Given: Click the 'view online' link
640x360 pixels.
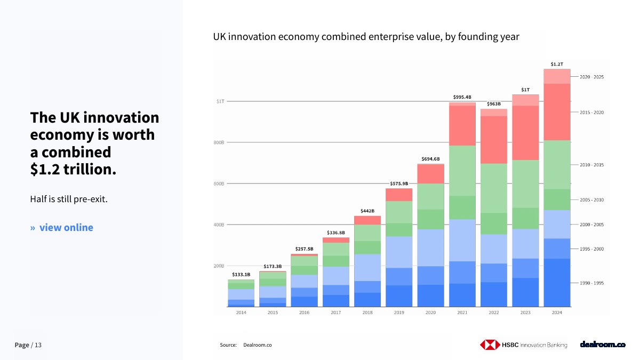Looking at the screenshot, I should (66, 228).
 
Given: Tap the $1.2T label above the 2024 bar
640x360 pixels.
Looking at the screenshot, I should (557, 64).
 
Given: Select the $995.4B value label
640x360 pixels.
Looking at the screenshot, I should (462, 97).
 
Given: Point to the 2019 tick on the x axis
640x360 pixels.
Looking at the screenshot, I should (399, 313).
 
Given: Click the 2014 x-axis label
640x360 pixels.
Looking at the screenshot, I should (241, 313).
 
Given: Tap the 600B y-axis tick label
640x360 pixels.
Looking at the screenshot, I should (219, 184).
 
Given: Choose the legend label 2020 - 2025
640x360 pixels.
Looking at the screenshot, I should (591, 77).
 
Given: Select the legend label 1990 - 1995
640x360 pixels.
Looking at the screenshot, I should (591, 283).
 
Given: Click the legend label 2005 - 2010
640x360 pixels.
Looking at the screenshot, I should (591, 200).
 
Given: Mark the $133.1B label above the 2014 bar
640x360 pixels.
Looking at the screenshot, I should (241, 275).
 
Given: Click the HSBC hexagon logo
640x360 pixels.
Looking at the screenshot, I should (489, 345).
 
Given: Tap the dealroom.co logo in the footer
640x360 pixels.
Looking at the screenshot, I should (602, 345).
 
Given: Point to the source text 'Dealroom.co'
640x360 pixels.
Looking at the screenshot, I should (257, 345).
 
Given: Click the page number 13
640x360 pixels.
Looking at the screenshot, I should (38, 345).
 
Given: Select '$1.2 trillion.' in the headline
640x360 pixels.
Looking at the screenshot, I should (73, 170).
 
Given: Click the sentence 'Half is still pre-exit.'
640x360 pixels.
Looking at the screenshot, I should (69, 199).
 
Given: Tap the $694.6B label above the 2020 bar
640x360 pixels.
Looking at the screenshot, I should (430, 159).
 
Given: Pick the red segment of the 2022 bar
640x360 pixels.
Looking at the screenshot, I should (494, 140).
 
